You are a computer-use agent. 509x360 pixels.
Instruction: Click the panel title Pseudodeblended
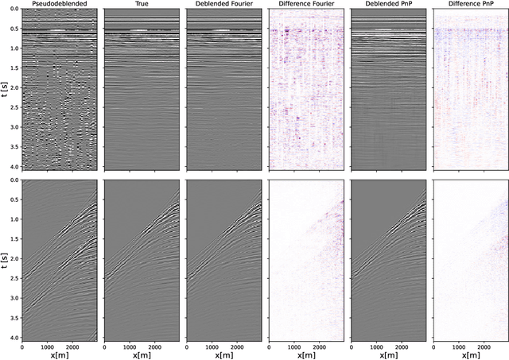coord(59,5)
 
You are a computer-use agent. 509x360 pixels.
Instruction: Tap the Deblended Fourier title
coord(223,5)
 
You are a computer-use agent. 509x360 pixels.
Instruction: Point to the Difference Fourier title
coord(305,5)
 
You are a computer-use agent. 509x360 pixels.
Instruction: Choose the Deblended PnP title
coord(387,5)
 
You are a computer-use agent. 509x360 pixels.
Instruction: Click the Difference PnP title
coord(469,5)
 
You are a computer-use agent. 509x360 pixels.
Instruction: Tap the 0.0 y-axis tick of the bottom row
coord(14,180)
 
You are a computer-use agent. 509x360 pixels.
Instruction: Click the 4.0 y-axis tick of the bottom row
coord(14,339)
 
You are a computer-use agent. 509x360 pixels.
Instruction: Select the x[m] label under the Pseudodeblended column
coord(59,354)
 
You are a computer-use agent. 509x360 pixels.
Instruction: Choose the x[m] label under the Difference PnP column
coord(469,354)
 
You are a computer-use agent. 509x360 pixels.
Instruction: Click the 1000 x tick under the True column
coord(130,346)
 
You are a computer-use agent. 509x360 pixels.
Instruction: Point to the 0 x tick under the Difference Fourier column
coord(270,346)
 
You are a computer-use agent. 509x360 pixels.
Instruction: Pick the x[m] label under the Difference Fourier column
coord(305,354)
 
